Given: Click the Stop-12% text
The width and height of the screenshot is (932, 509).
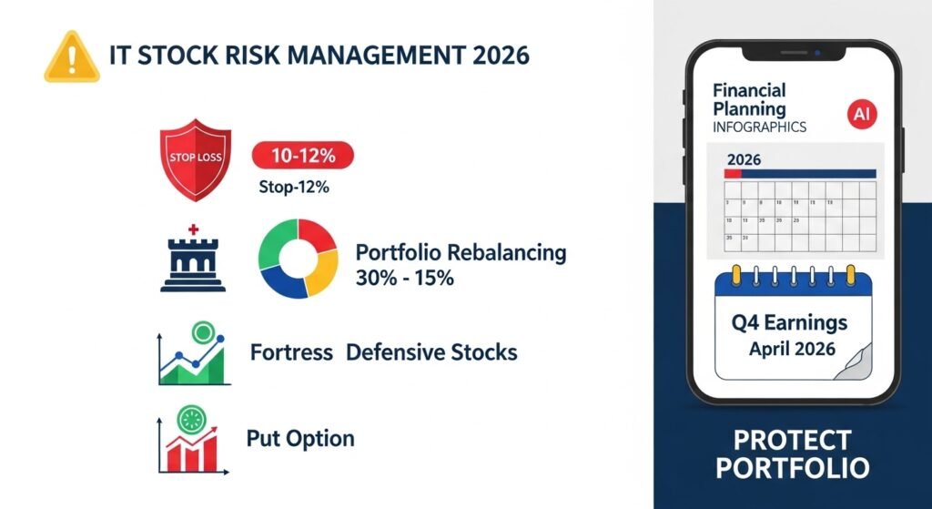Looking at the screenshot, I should pyautogui.click(x=292, y=188).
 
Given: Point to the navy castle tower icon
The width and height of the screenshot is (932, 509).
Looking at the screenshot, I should pyautogui.click(x=192, y=259).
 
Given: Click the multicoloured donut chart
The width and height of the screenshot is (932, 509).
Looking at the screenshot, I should pyautogui.click(x=298, y=259).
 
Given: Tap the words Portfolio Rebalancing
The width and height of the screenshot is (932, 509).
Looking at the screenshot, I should pyautogui.click(x=461, y=252).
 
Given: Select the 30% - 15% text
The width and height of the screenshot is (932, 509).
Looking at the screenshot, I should pyautogui.click(x=404, y=278).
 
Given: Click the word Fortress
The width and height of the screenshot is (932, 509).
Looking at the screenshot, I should pyautogui.click(x=290, y=352).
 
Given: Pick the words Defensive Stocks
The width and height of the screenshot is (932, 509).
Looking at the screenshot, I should pyautogui.click(x=431, y=352).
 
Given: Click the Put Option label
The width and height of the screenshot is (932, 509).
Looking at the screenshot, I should pyautogui.click(x=299, y=438).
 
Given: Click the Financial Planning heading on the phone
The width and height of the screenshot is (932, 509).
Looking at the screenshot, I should pyautogui.click(x=749, y=100).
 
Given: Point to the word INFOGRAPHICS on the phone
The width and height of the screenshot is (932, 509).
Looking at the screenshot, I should pyautogui.click(x=759, y=127).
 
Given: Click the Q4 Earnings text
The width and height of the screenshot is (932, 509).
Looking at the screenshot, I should pyautogui.click(x=789, y=322).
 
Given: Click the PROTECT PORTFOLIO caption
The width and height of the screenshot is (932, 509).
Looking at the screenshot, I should pyautogui.click(x=791, y=454).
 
